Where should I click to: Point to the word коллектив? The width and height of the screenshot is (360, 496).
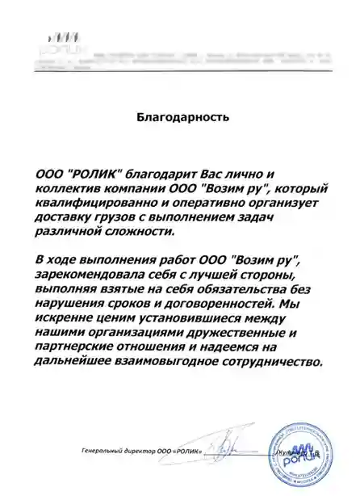pyautogui.click(x=69, y=191)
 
